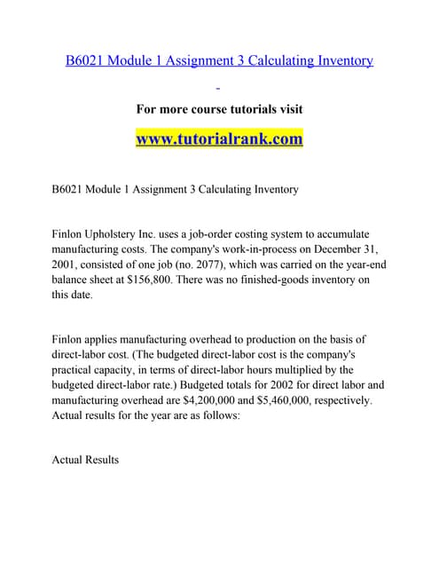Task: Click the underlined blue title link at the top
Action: (x=219, y=60)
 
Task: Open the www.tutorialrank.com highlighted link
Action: (x=219, y=139)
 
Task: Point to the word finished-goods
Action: (x=250, y=280)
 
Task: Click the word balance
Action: (x=76, y=280)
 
